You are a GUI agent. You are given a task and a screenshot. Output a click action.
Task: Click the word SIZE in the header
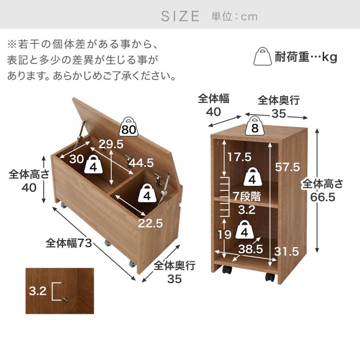(180, 16)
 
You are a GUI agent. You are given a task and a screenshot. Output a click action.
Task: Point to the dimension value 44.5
(140, 163)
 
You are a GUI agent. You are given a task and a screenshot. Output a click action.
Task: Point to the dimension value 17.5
(238, 156)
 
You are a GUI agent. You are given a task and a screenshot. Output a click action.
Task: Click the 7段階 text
(247, 196)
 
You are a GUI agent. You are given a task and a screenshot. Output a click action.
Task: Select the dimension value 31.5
(287, 251)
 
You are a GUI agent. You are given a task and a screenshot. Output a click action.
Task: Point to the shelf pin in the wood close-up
(65, 299)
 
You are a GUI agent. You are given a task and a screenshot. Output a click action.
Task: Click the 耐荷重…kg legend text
(306, 57)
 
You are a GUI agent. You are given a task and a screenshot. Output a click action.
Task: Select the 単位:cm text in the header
(234, 16)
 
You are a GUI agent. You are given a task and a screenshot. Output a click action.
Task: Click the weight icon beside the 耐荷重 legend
(263, 57)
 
